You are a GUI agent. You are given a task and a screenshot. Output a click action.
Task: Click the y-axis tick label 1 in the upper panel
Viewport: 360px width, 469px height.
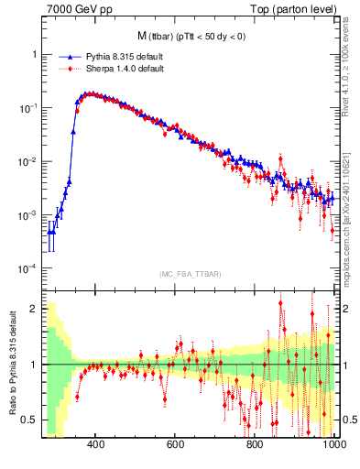point(35,54)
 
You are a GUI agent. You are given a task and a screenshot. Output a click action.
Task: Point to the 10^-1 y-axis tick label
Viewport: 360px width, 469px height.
point(30,108)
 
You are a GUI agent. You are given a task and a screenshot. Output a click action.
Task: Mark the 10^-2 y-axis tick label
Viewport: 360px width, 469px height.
point(30,162)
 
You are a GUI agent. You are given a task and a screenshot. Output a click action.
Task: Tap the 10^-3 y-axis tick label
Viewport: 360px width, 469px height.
point(30,215)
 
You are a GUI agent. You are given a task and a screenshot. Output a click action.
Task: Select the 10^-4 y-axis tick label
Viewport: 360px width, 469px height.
point(30,268)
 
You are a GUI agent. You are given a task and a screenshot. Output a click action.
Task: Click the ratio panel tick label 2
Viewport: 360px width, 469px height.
point(35,309)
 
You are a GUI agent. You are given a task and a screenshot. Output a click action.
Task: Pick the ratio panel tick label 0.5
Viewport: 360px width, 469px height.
point(31,420)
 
